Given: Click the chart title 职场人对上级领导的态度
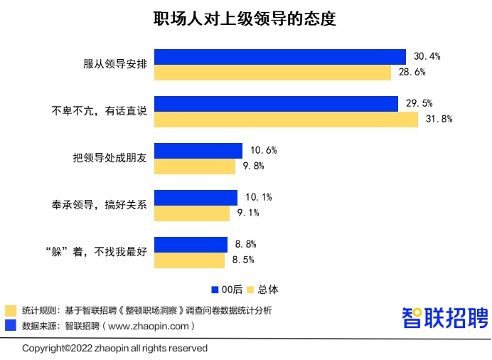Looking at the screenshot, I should pyautogui.click(x=245, y=19).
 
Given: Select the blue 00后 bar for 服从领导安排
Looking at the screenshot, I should pyautogui.click(x=279, y=57).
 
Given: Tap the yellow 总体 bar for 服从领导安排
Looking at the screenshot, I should pyautogui.click(x=272, y=73).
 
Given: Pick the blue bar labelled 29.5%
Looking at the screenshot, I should pyautogui.click(x=276, y=104).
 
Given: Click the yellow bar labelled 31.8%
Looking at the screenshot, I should pyautogui.click(x=286, y=120).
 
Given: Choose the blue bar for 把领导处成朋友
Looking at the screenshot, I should pyautogui.click(x=198, y=151).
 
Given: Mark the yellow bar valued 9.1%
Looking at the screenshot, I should pyautogui.click(x=192, y=213).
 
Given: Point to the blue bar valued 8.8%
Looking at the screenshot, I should pyautogui.click(x=191, y=244).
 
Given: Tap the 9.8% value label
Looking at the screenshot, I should pyautogui.click(x=254, y=166).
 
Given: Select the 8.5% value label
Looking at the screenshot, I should pyautogui.click(x=244, y=260).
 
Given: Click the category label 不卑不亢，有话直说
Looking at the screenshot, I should pyautogui.click(x=100, y=112).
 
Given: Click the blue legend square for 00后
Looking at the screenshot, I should pyautogui.click(x=215, y=290).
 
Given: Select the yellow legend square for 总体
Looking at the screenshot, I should pyautogui.click(x=251, y=290).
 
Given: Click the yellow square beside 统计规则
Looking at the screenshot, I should pyautogui.click(x=11, y=311).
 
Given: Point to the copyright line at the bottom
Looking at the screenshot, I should pyautogui.click(x=114, y=348).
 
